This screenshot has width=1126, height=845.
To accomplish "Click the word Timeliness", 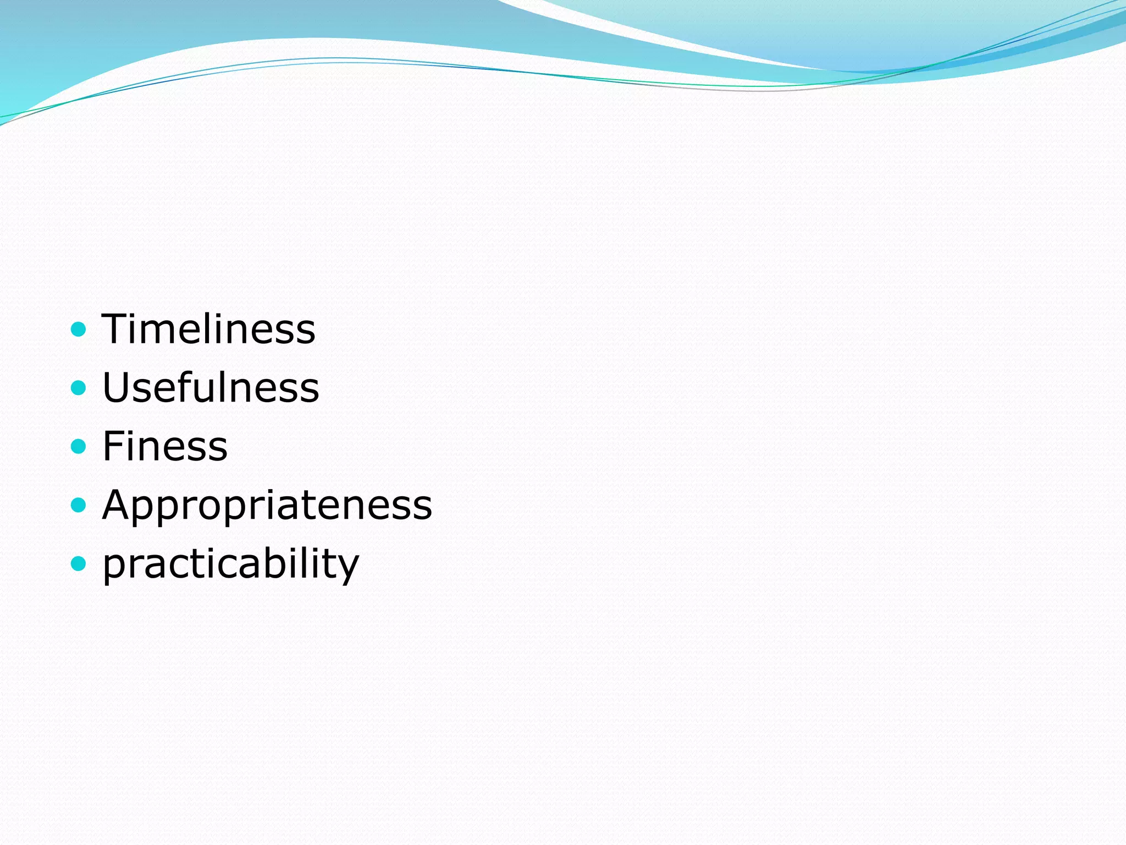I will [x=208, y=329].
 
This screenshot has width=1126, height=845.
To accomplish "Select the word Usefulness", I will [x=211, y=387].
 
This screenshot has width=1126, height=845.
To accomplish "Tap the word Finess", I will [x=165, y=446].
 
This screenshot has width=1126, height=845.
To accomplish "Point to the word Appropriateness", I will [x=267, y=504].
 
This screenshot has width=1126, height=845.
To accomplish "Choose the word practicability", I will [x=231, y=564].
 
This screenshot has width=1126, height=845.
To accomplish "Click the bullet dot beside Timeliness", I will [x=79, y=330].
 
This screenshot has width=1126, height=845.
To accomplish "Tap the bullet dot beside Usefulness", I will [x=79, y=388].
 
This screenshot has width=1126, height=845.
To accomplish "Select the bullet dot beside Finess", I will [x=79, y=446].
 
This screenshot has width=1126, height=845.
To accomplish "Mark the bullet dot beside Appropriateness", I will [x=79, y=504].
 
